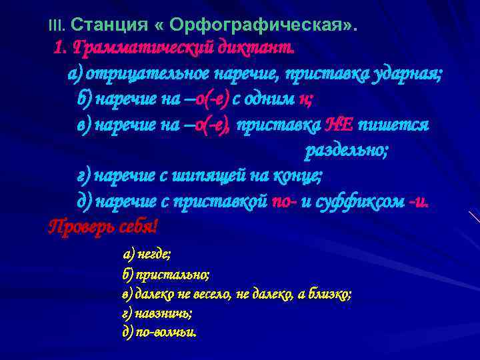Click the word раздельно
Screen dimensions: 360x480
pos(345,150)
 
